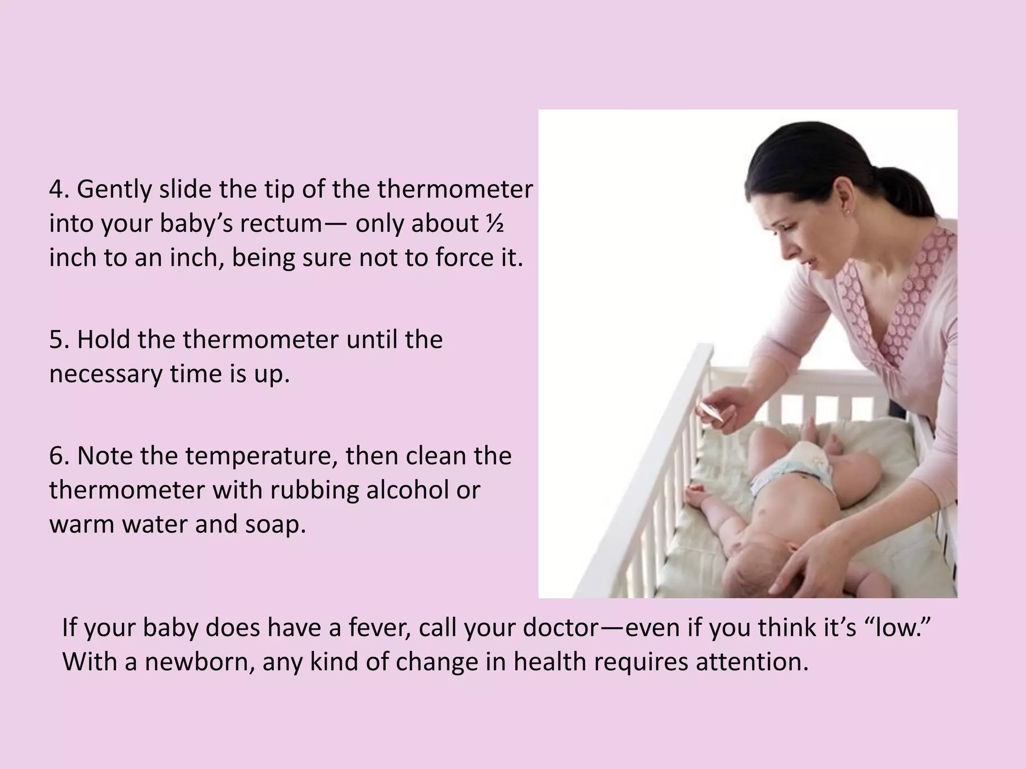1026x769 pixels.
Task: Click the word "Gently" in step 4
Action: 114,190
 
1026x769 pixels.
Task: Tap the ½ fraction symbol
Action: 494,223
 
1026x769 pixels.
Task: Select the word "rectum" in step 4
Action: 281,224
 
